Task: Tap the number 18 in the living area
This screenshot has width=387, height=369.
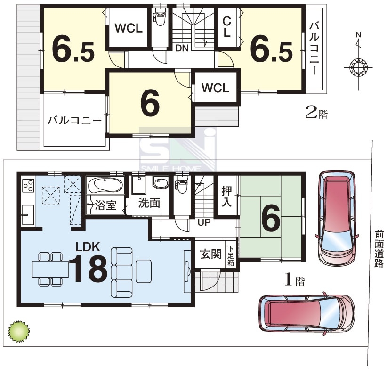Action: (x=88, y=269)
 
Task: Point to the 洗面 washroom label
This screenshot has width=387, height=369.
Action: (x=149, y=203)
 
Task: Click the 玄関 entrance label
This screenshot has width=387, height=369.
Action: (x=210, y=254)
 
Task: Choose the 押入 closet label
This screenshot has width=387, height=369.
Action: (x=226, y=196)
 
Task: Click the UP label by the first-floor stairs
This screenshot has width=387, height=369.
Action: (x=204, y=222)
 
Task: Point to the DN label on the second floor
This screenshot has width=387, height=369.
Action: (x=182, y=48)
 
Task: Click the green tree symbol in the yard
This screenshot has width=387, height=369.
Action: (x=19, y=331)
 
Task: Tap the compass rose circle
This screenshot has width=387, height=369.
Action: (x=358, y=67)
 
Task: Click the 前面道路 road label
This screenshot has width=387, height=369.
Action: (x=379, y=249)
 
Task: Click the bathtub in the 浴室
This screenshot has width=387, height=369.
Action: (x=105, y=185)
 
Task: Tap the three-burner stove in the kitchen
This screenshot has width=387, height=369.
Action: (x=28, y=185)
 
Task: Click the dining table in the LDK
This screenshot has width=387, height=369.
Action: (x=50, y=269)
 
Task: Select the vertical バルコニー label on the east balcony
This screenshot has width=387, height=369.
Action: (x=314, y=49)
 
